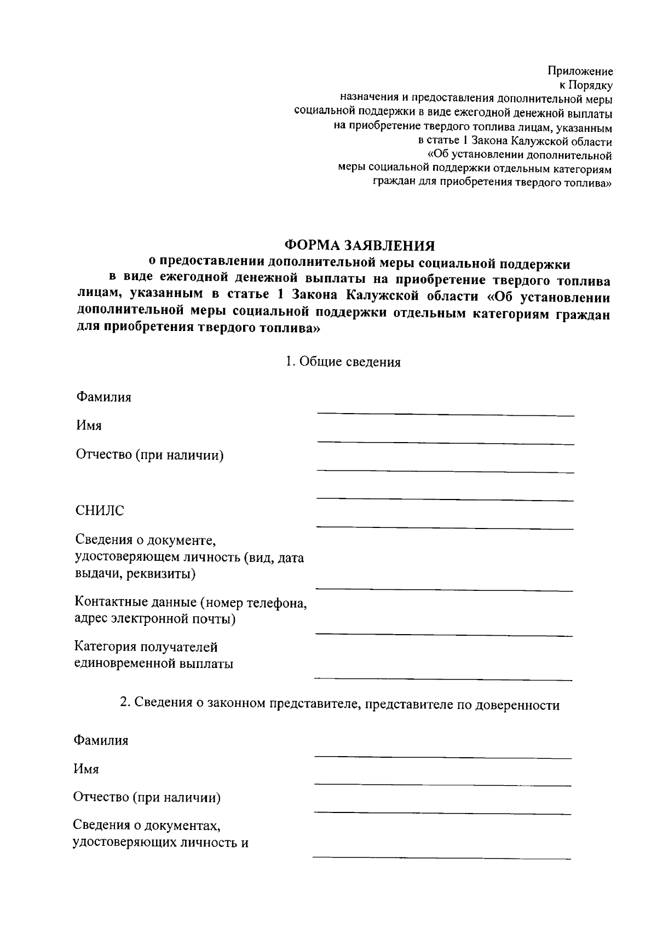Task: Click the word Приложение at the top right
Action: pyautogui.click(x=580, y=71)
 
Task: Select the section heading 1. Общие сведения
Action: pyautogui.click(x=343, y=362)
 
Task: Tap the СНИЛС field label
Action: pyautogui.click(x=100, y=510)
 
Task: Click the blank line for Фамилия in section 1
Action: pyautogui.click(x=446, y=415)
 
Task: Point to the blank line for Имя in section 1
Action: pyautogui.click(x=446, y=443)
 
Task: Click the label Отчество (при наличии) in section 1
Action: pyautogui.click(x=150, y=455)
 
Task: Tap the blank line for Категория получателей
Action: pyautogui.click(x=443, y=680)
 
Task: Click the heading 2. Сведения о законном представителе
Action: pyautogui.click(x=339, y=705)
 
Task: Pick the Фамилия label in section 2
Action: pyautogui.click(x=101, y=740)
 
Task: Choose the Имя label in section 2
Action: pyautogui.click(x=87, y=769)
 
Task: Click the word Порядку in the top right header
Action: pyautogui.click(x=591, y=85)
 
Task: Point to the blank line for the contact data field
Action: pyautogui.click(x=443, y=635)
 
